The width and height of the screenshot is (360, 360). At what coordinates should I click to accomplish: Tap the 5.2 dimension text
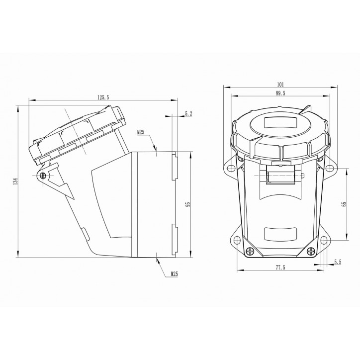click(x=188, y=114)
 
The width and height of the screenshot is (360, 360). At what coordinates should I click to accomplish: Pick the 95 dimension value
click(x=187, y=205)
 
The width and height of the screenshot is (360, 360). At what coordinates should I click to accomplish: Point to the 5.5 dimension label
click(x=338, y=261)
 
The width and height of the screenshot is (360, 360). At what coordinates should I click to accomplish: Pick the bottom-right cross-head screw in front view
click(x=311, y=251)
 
